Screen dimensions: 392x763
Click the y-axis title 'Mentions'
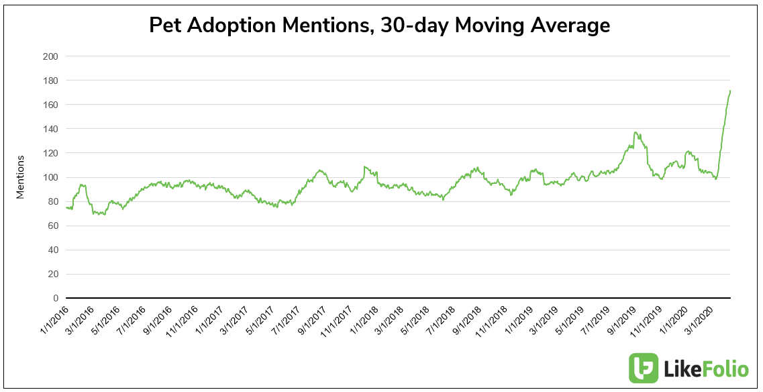click(20, 177)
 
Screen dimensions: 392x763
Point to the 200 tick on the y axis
click(50, 56)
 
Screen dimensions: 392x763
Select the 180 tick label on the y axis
click(50, 81)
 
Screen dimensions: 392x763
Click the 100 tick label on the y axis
click(50, 177)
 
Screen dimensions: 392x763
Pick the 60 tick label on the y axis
click(52, 226)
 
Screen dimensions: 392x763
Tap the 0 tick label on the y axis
click(55, 298)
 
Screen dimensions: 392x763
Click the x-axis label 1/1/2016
click(53, 320)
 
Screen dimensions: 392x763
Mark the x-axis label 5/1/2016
click(105, 320)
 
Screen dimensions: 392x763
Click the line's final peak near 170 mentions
click(729, 91)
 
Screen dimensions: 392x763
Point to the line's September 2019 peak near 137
click(635, 133)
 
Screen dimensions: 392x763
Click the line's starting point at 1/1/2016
click(66, 207)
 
